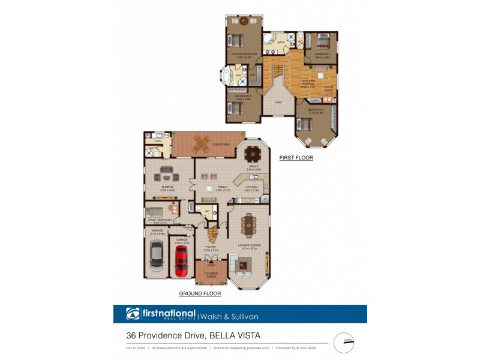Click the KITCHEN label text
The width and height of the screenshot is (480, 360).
pos(251,188)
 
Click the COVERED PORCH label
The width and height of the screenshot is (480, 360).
pos(211,275)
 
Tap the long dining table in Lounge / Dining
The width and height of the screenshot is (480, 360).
pos(247,226)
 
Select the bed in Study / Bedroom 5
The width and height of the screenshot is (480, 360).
pos(157,212)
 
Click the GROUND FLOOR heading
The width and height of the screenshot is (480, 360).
pos(200,294)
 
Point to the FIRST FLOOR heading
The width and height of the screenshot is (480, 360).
pos(296,158)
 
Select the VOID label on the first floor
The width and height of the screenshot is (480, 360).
pos(278,103)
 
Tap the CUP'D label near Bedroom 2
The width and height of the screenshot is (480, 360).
pos(314,101)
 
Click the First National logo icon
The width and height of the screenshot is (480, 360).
pos(133,314)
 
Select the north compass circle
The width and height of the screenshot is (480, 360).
pos(344,343)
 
